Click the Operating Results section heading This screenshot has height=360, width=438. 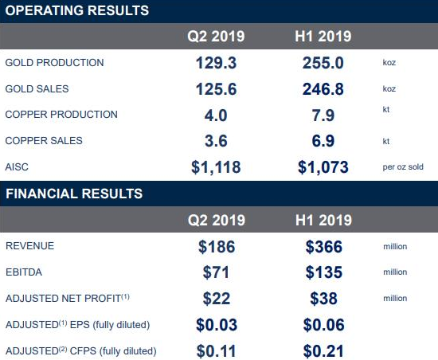tap(76, 10)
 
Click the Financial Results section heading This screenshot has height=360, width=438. tap(74, 194)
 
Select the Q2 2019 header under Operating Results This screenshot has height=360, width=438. tap(216, 37)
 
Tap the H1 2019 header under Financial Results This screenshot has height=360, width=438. tap(323, 220)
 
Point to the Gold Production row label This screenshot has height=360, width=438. tap(54, 63)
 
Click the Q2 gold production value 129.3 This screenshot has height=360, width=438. tap(216, 63)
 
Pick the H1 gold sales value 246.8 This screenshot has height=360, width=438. tap(323, 89)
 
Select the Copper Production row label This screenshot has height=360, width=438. tap(61, 115)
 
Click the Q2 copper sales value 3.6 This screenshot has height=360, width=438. tap(216, 141)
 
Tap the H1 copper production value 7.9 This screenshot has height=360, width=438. tap(323, 115)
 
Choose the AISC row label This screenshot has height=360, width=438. tap(17, 167)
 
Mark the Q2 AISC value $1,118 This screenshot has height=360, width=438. tap(216, 167)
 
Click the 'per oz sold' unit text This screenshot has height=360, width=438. tap(403, 167)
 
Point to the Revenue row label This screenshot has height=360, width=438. tap(30, 246)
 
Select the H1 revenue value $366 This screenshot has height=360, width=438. tap(324, 247)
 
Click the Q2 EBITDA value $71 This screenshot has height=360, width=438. tap(216, 272)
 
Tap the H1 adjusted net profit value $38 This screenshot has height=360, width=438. tap(323, 299)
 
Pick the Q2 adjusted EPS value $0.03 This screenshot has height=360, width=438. tap(217, 325)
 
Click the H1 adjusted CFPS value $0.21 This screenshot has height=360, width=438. tap(323, 351)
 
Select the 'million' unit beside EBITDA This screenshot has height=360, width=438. tap(395, 272)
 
